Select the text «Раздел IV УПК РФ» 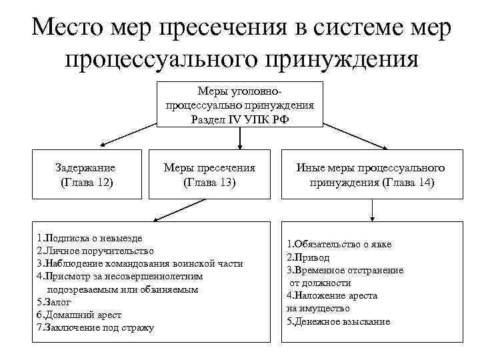(240, 119)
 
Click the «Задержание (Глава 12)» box (87, 174)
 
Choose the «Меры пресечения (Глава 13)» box (209, 174)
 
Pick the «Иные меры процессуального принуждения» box (371, 174)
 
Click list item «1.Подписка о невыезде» (90, 238)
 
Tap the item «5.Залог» (55, 301)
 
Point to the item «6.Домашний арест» (79, 314)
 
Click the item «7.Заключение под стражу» (95, 327)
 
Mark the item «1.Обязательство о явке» (339, 245)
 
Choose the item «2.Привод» (308, 257)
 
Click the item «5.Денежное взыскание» (338, 321)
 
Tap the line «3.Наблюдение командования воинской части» (140, 263)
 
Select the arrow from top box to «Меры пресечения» (240, 136)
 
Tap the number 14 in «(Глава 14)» (425, 181)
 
